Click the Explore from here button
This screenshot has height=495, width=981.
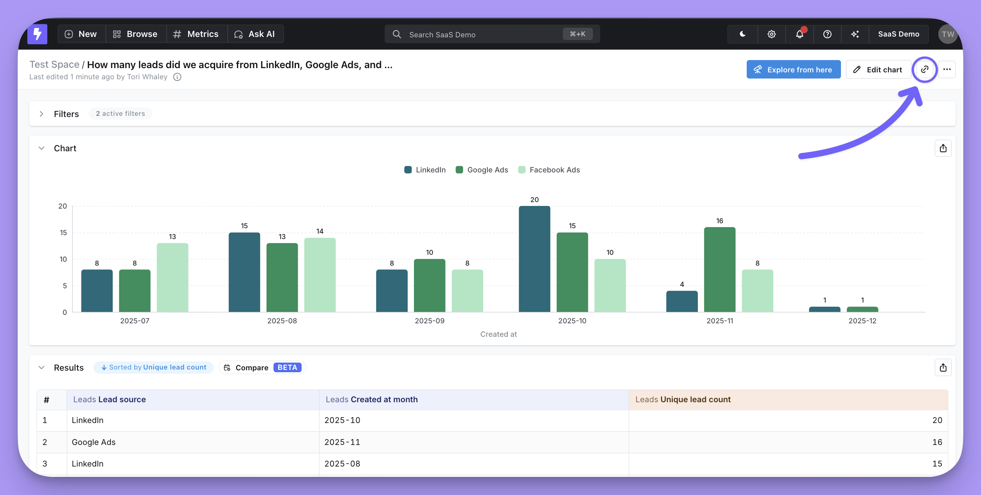coord(793,70)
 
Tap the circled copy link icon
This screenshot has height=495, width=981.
coord(924,69)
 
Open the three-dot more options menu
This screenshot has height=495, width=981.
coord(947,70)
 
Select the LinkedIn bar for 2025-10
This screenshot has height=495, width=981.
coord(534,259)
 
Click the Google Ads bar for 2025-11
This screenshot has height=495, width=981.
coord(719,269)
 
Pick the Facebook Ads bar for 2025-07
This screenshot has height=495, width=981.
coord(172,278)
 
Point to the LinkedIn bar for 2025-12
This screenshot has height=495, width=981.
coord(824,309)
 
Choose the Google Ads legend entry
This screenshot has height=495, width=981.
coord(482,170)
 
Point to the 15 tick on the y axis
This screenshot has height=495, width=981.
coord(63,232)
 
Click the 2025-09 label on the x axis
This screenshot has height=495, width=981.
coord(429,321)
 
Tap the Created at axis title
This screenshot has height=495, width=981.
coord(498,334)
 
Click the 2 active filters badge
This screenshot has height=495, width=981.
coord(120,114)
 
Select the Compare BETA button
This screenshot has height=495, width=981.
coord(262,368)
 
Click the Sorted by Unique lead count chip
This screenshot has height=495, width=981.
coord(153,367)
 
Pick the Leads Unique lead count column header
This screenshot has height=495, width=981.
coord(683,400)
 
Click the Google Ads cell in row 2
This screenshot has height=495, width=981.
coord(93,442)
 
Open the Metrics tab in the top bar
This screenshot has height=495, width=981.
coord(196,34)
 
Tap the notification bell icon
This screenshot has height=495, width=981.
coord(799,34)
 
